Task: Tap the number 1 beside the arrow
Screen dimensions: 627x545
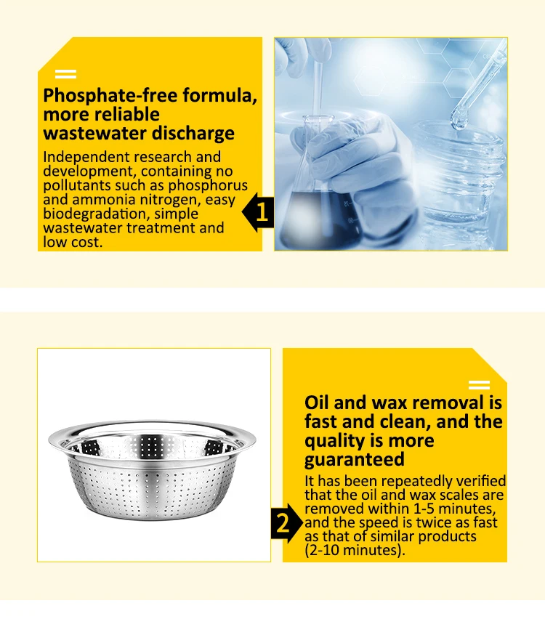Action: [x=263, y=212]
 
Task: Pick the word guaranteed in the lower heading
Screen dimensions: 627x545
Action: [x=354, y=459]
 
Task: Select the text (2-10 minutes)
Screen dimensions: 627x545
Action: [x=354, y=550]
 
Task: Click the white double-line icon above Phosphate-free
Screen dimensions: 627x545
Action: [x=65, y=74]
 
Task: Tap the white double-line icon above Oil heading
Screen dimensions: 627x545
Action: [x=479, y=385]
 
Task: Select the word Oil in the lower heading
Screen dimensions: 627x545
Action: [x=320, y=403]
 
